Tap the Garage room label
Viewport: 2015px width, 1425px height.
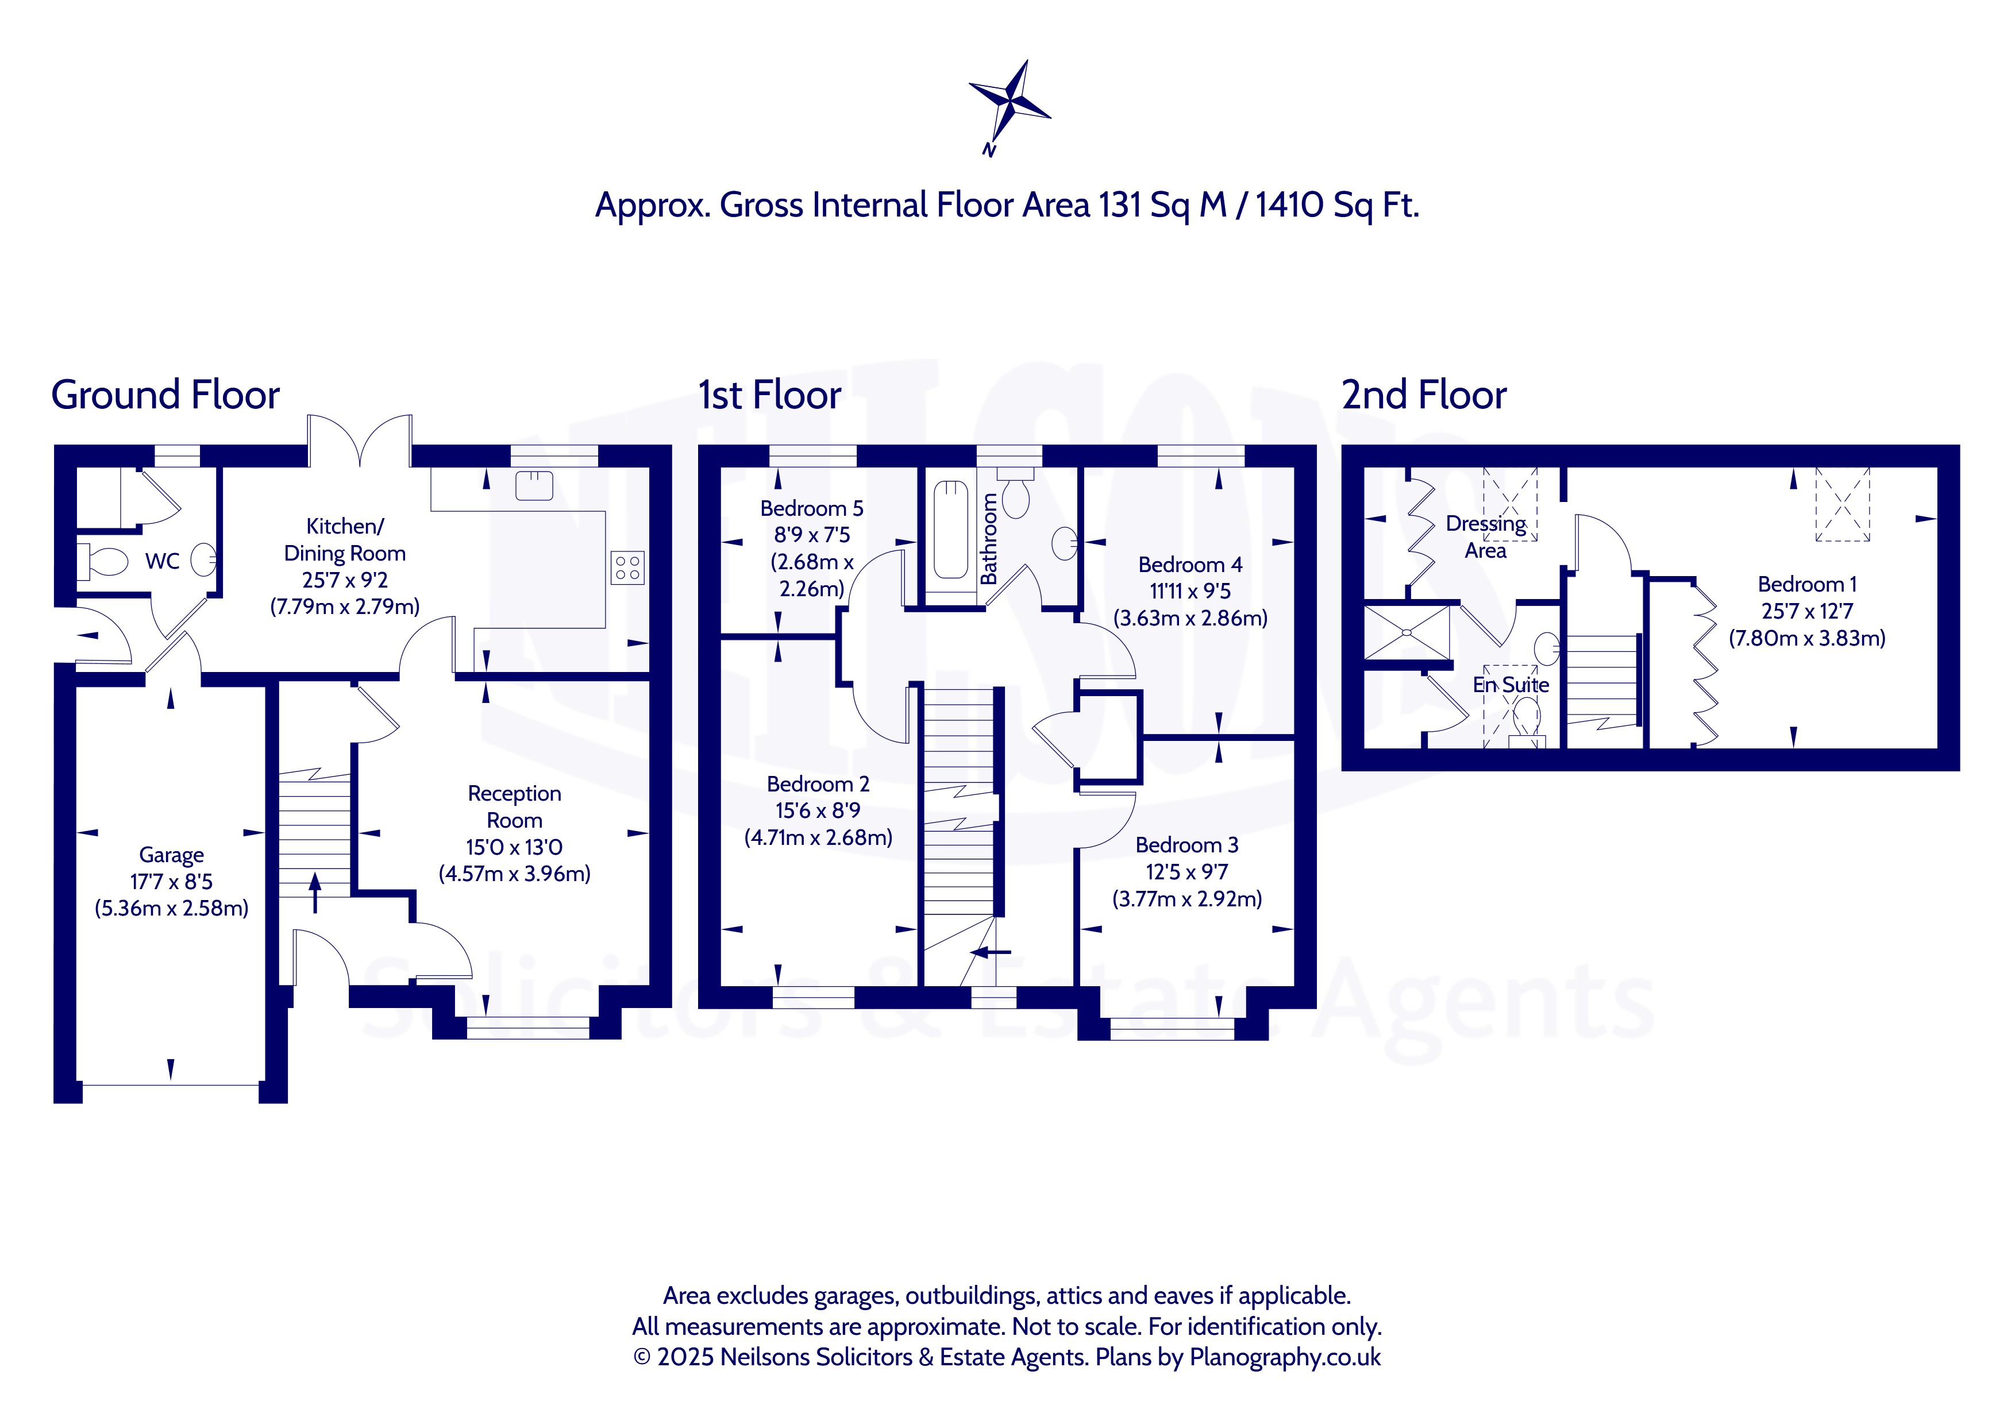tap(171, 855)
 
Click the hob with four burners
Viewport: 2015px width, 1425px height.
tap(627, 567)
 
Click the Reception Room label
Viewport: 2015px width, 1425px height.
tap(514, 806)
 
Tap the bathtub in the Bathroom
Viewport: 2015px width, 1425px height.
tap(950, 530)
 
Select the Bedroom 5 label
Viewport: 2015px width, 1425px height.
tap(812, 508)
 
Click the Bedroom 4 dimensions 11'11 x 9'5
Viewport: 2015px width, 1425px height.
tap(1190, 592)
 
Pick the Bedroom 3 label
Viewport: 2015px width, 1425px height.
tap(1186, 845)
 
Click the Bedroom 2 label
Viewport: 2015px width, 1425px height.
tap(818, 783)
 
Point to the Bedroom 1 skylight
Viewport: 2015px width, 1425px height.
tap(1842, 504)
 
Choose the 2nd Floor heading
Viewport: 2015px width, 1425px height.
tap(1424, 395)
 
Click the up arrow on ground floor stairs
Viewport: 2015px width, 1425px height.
tap(315, 893)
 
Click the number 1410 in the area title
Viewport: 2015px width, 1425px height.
tap(1290, 204)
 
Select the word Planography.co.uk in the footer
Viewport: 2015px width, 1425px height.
tap(1285, 1357)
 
